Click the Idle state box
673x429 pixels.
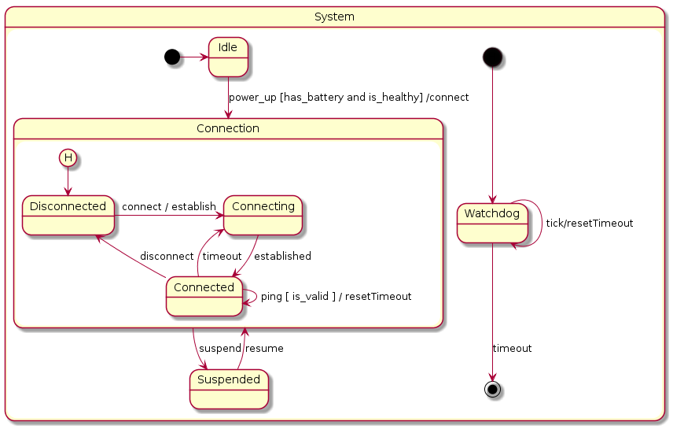pyautogui.click(x=228, y=57)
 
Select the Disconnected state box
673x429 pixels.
pyautogui.click(x=68, y=215)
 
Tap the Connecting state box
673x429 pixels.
pyautogui.click(x=263, y=215)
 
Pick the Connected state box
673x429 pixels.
pyautogui.click(x=204, y=296)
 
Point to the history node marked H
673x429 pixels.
pyautogui.click(x=68, y=158)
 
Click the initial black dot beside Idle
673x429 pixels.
pyautogui.click(x=171, y=57)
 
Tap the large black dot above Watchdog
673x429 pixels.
pyautogui.click(x=492, y=57)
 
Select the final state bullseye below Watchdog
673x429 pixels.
pyautogui.click(x=492, y=389)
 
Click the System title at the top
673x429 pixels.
pyautogui.click(x=334, y=17)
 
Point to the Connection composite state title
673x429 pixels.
pyautogui.click(x=228, y=128)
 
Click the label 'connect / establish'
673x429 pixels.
pyautogui.click(x=169, y=207)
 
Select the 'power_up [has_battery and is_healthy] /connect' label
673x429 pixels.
pyautogui.click(x=348, y=98)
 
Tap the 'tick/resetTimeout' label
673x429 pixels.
pyautogui.click(x=589, y=224)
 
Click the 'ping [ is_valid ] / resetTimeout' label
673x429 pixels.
pyautogui.click(x=336, y=297)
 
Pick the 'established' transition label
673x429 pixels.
pyautogui.click(x=282, y=257)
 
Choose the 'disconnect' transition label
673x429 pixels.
pyautogui.click(x=167, y=257)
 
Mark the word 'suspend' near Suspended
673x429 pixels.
pyautogui.click(x=219, y=349)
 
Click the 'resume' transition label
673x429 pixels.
pyautogui.click(x=264, y=349)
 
